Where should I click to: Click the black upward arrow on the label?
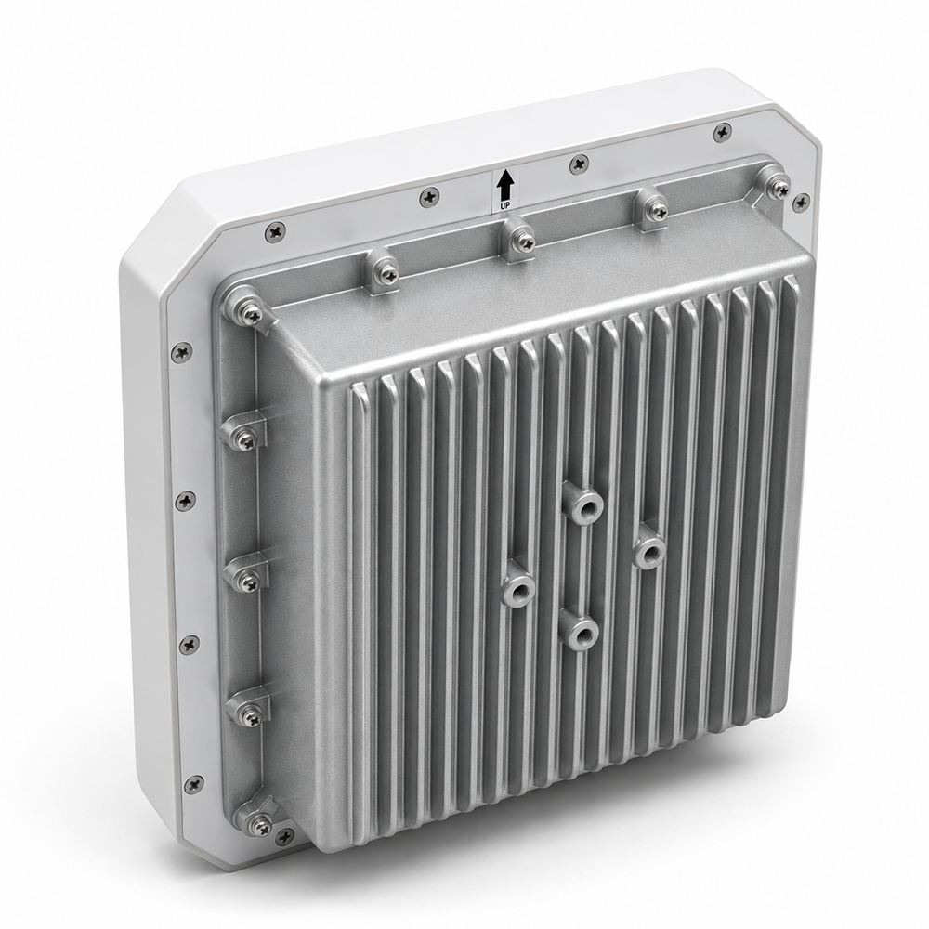coord(504,185)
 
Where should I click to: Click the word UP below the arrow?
coord(504,205)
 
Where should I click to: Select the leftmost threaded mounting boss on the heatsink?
coord(518,589)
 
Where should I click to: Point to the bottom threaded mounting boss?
coord(580,634)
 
